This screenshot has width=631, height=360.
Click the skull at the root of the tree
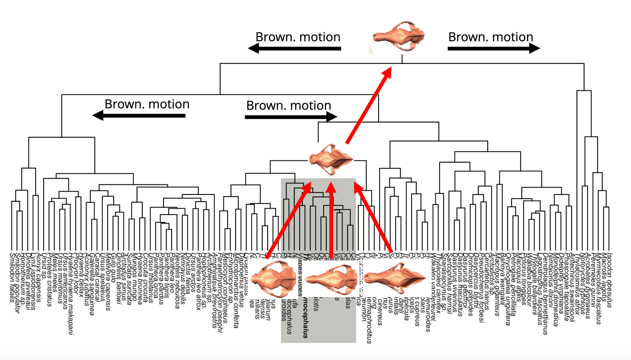coord(399,36)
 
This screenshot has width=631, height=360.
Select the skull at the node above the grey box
coord(331,159)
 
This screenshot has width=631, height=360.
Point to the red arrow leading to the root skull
coord(369,105)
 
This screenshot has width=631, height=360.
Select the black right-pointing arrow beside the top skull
coord(494,48)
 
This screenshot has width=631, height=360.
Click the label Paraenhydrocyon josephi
coord(220,292)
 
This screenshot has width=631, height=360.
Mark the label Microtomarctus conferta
coord(236,290)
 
